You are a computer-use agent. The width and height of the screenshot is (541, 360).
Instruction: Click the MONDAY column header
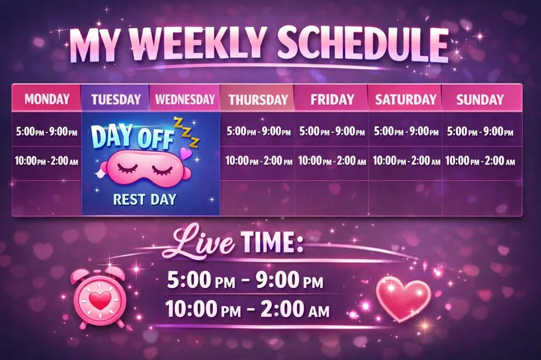46,99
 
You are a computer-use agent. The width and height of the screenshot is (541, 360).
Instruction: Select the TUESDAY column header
116,99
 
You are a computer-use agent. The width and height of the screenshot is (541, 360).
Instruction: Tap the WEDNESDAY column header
185,99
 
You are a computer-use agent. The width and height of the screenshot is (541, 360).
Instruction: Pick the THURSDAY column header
258,99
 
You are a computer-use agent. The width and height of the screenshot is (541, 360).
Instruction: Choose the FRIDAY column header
332,99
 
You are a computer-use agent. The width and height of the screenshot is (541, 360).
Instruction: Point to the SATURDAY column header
405,99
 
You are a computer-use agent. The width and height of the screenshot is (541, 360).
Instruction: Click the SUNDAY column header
480,99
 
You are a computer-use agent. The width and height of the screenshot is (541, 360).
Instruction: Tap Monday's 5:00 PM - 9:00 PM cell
46,131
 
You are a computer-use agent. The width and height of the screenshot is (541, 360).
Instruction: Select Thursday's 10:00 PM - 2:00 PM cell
259,160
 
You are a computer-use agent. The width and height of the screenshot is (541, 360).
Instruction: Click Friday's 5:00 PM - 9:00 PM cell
332,131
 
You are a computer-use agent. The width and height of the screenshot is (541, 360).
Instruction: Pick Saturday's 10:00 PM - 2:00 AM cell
406,160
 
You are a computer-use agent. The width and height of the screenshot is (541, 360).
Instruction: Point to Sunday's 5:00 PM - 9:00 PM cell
480,131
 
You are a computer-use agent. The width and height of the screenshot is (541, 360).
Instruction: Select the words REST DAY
145,200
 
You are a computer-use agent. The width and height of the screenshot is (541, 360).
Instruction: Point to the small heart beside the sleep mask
186,153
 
